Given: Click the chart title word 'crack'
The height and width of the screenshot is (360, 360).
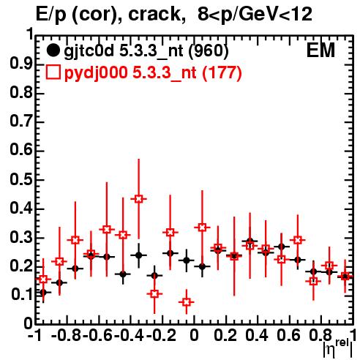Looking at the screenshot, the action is [154, 14].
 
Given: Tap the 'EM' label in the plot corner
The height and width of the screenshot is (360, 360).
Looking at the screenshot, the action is [320, 50].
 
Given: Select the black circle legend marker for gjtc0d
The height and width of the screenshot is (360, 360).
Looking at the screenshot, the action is [53, 50].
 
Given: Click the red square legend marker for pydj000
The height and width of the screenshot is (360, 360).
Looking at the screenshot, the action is [53, 72].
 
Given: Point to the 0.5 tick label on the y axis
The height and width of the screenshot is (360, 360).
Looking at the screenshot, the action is [21, 179].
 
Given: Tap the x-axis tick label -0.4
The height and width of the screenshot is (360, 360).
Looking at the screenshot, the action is [129, 335].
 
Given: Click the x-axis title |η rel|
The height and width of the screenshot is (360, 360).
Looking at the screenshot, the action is [338, 349].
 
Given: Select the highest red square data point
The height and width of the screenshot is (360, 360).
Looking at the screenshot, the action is [138, 199].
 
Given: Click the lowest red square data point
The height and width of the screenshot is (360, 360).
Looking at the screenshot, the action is [187, 302].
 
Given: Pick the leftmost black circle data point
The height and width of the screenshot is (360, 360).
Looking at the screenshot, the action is [43, 292].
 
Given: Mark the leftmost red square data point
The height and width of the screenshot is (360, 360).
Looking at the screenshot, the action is [43, 280].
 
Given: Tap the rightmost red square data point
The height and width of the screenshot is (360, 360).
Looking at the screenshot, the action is [345, 277].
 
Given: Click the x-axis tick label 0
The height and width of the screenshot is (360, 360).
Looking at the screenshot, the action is [194, 335].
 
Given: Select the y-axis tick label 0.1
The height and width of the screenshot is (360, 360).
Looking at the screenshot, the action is [21, 294].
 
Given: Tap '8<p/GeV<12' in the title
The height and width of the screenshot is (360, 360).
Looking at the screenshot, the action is [255, 14].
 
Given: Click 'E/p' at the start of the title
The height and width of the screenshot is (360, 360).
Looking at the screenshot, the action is [51, 15].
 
